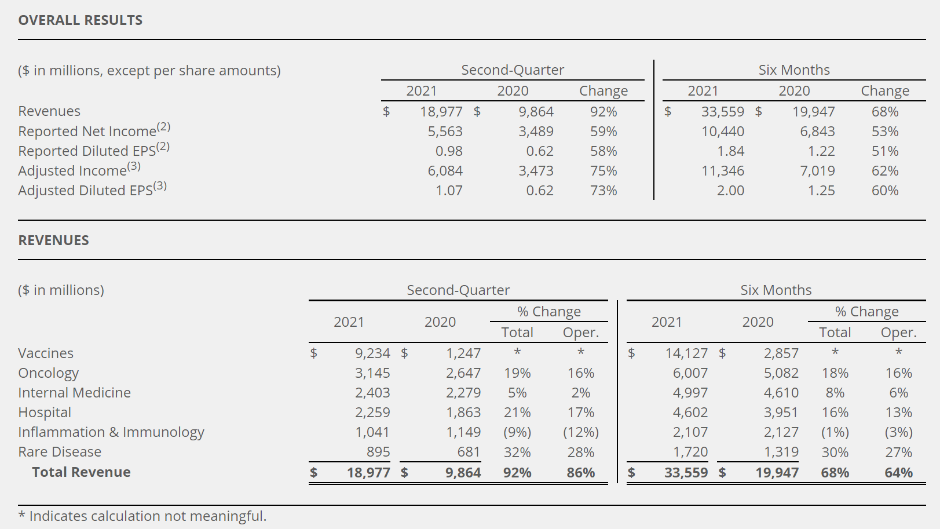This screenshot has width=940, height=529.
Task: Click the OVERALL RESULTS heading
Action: click(81, 20)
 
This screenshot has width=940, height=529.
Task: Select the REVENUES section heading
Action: click(54, 240)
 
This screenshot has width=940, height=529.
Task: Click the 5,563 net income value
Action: click(445, 132)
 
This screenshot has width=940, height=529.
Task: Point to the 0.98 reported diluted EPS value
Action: click(449, 151)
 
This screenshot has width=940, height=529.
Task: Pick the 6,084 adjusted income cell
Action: click(445, 171)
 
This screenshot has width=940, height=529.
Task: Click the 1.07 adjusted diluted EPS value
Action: click(449, 191)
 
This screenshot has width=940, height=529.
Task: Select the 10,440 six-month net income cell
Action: click(723, 132)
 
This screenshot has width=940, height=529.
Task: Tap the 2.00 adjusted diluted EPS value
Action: click(730, 191)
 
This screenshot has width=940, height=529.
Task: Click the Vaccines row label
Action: click(46, 353)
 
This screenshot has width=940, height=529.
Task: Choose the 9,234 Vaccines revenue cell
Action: click(372, 353)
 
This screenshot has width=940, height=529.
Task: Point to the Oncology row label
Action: click(48, 373)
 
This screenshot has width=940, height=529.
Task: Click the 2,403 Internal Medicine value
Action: click(372, 393)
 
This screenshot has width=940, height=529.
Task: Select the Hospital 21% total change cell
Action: click(517, 413)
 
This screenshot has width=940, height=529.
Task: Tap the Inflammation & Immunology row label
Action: click(111, 432)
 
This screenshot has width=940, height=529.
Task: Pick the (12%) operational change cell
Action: click(581, 432)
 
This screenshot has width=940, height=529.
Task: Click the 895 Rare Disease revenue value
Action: click(378, 452)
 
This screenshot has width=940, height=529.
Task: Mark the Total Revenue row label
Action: click(81, 472)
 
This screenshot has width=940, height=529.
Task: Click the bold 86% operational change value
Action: click(581, 473)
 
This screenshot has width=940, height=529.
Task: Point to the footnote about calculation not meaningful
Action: click(142, 516)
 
